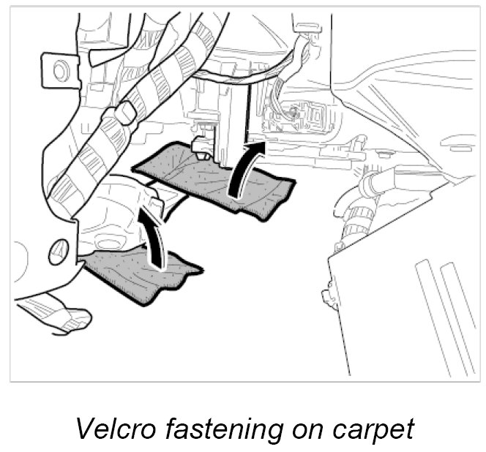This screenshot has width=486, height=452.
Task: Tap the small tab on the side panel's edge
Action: click(x=327, y=297)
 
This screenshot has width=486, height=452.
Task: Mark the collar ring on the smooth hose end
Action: click(x=370, y=182)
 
